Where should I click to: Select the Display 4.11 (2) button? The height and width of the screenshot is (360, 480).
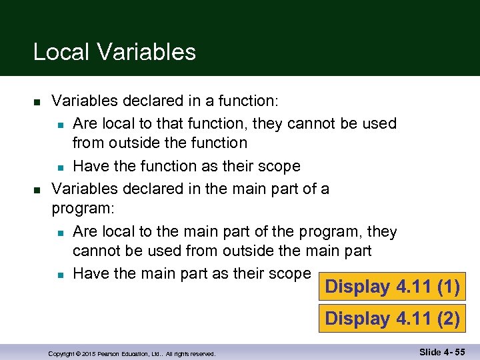[392, 319]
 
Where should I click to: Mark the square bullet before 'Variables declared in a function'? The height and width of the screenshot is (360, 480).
[37, 102]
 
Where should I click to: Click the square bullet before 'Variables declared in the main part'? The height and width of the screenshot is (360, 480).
[37, 189]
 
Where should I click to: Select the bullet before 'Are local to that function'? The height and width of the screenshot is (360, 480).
[60, 125]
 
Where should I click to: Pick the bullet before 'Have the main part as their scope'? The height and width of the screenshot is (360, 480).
[60, 274]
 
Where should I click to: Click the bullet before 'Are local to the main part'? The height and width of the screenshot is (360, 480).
[60, 233]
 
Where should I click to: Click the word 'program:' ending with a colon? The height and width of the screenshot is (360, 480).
[83, 209]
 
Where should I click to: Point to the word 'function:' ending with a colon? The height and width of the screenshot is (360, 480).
[249, 101]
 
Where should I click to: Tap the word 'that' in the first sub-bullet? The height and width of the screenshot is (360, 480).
[161, 123]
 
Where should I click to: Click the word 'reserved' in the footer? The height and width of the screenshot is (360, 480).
[201, 354]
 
